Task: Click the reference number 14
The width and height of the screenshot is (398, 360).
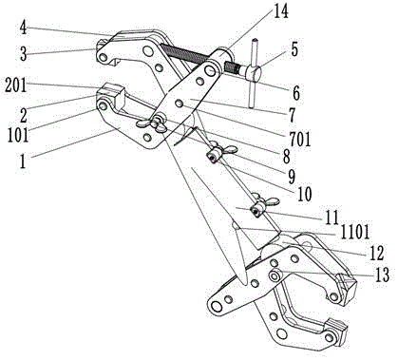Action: click(x=280, y=11)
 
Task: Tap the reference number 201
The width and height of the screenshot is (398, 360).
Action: click(x=16, y=85)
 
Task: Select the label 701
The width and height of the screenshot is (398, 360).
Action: click(x=300, y=140)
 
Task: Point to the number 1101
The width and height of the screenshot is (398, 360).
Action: click(x=354, y=234)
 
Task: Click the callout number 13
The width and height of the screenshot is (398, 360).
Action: click(x=381, y=275)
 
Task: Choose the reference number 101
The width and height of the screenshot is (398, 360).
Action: click(x=18, y=136)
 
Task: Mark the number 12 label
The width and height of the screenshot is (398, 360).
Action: click(x=376, y=253)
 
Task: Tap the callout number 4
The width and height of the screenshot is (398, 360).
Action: click(x=23, y=28)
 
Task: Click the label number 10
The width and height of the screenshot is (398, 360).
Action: click(x=304, y=194)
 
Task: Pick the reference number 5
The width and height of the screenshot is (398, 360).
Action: click(x=294, y=50)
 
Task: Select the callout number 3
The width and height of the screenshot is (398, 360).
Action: click(x=23, y=54)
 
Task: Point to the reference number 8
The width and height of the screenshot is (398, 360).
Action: click(x=287, y=156)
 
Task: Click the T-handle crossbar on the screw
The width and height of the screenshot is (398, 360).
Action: click(x=254, y=73)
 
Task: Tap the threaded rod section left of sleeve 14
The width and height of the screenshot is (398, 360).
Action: click(x=185, y=53)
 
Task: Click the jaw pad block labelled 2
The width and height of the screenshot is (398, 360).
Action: click(x=111, y=94)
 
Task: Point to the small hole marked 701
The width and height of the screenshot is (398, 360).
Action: click(x=180, y=104)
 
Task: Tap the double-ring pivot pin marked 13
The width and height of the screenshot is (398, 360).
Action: click(x=274, y=275)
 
